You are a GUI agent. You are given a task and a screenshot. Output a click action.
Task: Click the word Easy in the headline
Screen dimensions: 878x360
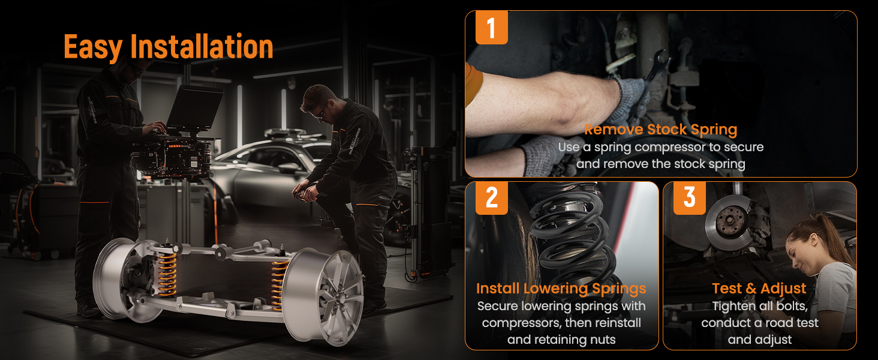pyautogui.click(x=94, y=47)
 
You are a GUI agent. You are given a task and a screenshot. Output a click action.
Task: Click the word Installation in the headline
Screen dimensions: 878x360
pyautogui.click(x=202, y=46)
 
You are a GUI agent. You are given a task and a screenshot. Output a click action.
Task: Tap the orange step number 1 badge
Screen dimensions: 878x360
pyautogui.click(x=492, y=28)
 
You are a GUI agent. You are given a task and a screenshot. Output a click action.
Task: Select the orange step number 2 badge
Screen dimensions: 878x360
pyautogui.click(x=492, y=198)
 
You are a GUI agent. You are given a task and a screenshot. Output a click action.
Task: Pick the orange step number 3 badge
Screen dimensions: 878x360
pyautogui.click(x=690, y=198)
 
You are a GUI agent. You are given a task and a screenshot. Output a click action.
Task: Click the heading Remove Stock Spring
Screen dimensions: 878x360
pyautogui.click(x=661, y=130)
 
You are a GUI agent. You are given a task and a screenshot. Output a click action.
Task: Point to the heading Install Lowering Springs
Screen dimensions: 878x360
pyautogui.click(x=561, y=289)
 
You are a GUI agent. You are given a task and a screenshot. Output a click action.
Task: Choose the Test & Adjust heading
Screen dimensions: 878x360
pyautogui.click(x=759, y=289)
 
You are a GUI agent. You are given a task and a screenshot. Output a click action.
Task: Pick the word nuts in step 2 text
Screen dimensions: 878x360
pyautogui.click(x=601, y=340)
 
